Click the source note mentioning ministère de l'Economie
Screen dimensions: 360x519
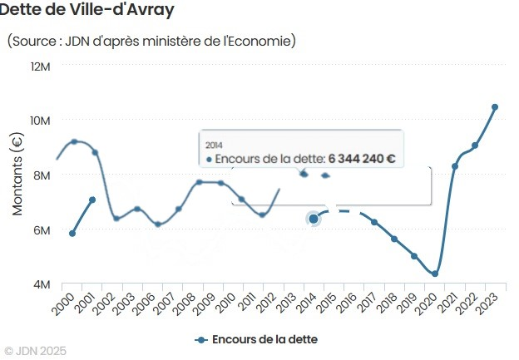151,41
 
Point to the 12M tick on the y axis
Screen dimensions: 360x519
40,66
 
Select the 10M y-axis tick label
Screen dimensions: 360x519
40,121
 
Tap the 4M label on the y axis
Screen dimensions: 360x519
42,284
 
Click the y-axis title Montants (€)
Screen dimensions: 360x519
17,175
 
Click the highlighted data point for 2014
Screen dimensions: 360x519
314,219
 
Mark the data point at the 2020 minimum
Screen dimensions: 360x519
435,274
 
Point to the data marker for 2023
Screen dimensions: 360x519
495,107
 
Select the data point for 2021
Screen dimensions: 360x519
455,166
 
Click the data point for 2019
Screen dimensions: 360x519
414,256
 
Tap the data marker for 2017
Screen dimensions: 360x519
374,222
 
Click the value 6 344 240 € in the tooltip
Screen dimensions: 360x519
361,158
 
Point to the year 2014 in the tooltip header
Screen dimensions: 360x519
214,145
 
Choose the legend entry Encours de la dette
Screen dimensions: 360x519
257,339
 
